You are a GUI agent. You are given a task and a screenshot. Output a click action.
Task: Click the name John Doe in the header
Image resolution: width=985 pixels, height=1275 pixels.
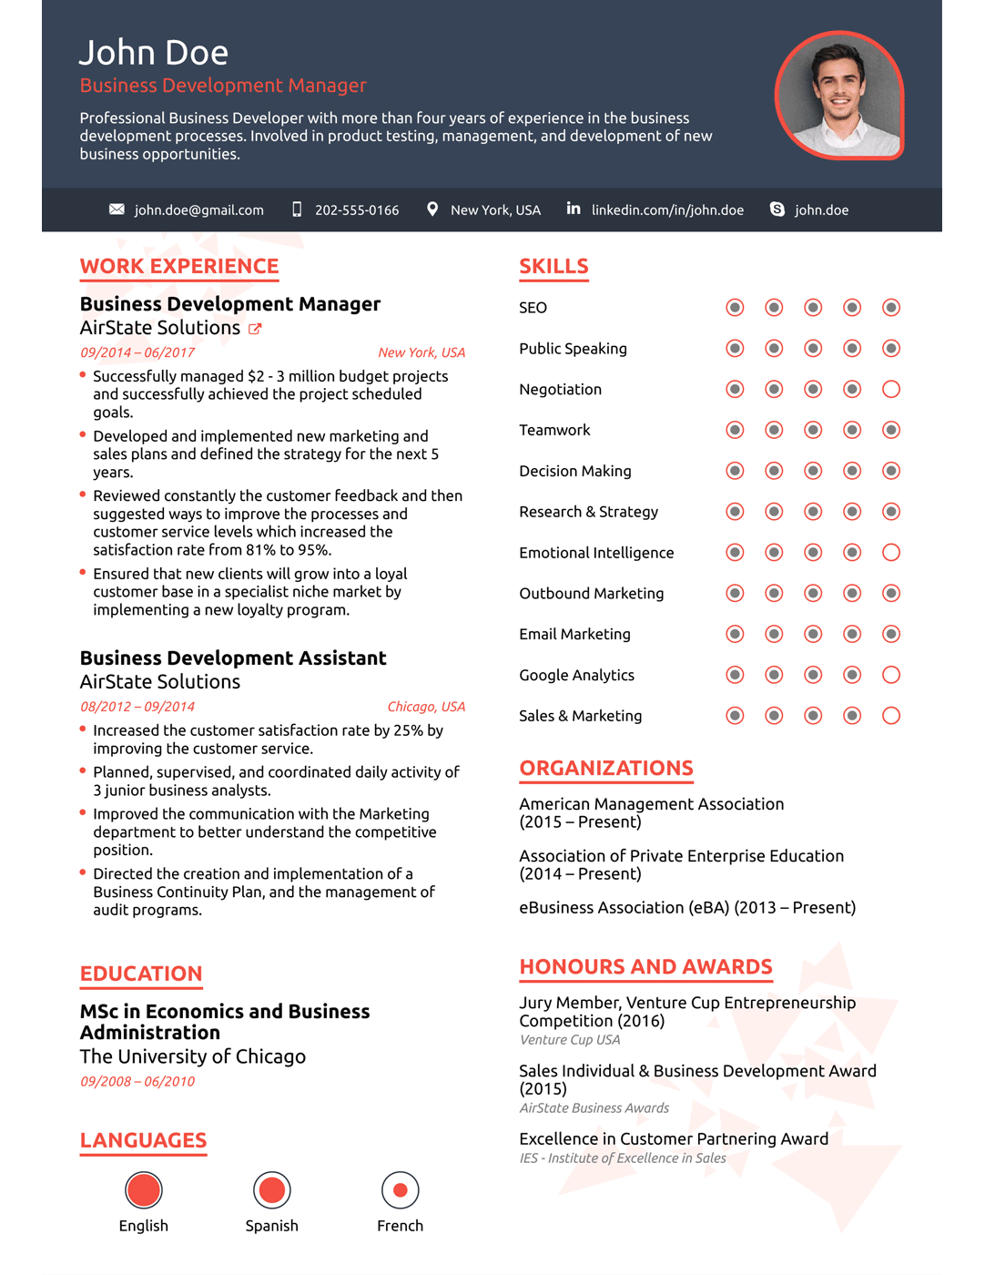point(153,53)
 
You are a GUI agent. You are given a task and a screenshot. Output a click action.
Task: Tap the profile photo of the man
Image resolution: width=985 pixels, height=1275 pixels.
point(838,96)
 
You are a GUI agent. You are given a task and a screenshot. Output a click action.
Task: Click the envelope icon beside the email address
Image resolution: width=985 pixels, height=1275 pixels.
point(117,209)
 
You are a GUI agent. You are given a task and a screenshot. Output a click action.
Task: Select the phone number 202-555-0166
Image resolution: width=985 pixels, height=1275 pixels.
point(357,210)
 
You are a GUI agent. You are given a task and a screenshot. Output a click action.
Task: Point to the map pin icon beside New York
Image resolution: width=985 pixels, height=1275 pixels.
point(432,209)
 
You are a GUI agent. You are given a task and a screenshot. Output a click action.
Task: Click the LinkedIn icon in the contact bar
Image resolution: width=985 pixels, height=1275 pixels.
point(574,209)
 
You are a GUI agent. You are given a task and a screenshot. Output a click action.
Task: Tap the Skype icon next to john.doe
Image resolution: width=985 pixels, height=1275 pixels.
point(777,209)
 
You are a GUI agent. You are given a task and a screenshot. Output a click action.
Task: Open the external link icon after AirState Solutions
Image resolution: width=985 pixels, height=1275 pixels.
point(256,329)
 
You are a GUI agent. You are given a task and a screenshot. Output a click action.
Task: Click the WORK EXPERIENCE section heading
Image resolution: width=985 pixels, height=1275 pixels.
point(179,266)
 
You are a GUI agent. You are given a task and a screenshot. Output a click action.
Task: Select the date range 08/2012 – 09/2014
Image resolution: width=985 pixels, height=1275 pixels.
point(137,707)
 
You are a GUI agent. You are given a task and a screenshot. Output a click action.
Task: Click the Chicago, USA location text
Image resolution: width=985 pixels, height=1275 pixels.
point(426,707)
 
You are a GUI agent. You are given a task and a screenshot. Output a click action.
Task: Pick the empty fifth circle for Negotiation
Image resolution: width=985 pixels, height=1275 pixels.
point(891,390)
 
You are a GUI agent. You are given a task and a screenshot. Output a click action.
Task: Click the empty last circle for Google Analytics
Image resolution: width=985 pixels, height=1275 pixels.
point(891,675)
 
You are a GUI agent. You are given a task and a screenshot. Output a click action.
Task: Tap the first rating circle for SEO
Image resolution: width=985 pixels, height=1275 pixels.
point(735,308)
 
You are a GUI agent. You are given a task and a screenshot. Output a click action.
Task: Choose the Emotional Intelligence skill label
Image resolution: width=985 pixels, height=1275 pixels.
point(596,553)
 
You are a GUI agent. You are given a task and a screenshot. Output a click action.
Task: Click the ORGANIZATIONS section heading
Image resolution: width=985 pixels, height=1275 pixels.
point(606,768)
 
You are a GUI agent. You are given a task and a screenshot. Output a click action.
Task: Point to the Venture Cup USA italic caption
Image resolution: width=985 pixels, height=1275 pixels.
point(570,1040)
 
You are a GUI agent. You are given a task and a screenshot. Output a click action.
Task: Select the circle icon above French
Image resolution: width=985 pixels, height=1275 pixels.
point(400,1190)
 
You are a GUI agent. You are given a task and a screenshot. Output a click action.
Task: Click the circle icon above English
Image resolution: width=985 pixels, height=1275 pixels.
point(144,1190)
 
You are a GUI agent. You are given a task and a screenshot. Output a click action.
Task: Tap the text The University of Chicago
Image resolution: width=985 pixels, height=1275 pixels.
point(193,1056)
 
